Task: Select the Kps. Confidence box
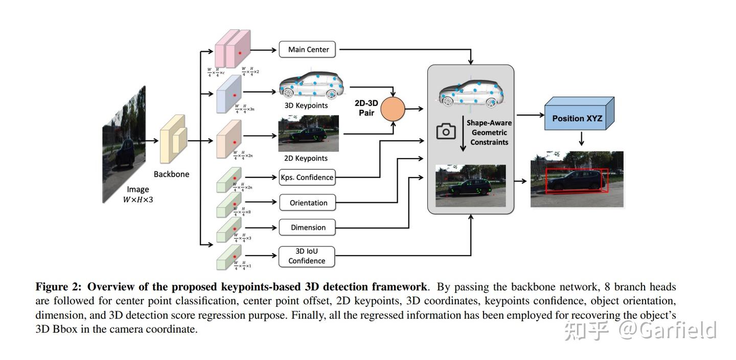pos(307,177)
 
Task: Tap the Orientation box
pos(308,202)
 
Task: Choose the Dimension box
pos(308,228)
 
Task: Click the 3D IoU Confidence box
pos(307,256)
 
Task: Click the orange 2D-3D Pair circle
pos(393,109)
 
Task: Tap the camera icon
pos(446,131)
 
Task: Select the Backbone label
pos(171,174)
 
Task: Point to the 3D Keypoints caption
pos(306,106)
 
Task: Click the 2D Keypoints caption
pos(306,159)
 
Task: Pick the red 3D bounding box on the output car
pos(577,181)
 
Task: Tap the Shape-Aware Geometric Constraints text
pos(489,132)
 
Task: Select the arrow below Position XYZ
pos(581,139)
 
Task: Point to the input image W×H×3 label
pos(138,195)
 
